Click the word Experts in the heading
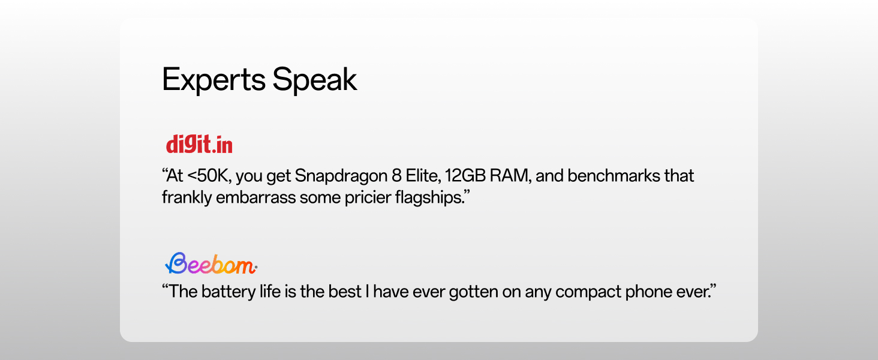coord(214,80)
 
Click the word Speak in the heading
coord(314,80)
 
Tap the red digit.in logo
coord(199,144)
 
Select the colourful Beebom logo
coord(211,263)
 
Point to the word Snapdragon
coord(341,176)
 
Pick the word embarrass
coord(255,197)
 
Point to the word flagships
coord(429,197)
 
